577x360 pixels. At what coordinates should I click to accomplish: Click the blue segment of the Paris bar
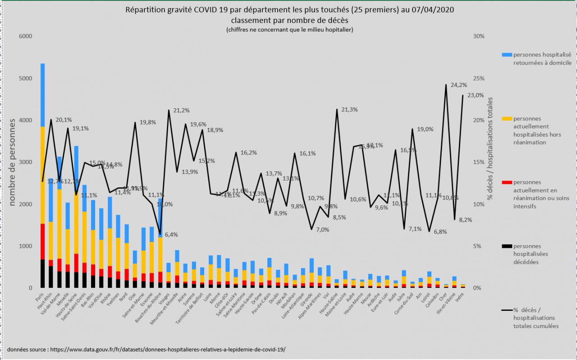(43, 95)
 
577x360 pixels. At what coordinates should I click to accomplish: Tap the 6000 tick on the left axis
(26, 36)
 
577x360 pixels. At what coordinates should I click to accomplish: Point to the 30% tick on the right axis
(478, 36)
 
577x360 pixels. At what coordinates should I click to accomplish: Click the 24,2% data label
(459, 85)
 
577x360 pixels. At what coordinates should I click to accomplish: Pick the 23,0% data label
(475, 95)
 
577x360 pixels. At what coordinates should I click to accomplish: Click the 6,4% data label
(171, 234)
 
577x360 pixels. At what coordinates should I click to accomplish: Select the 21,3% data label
(350, 109)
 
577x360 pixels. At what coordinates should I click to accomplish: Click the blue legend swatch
(507, 55)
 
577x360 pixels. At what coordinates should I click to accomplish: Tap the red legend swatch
(507, 182)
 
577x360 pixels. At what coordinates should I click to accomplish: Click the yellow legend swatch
(507, 118)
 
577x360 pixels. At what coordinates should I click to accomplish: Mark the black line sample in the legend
(507, 310)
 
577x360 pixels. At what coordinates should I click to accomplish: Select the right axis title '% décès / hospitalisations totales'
(490, 149)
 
